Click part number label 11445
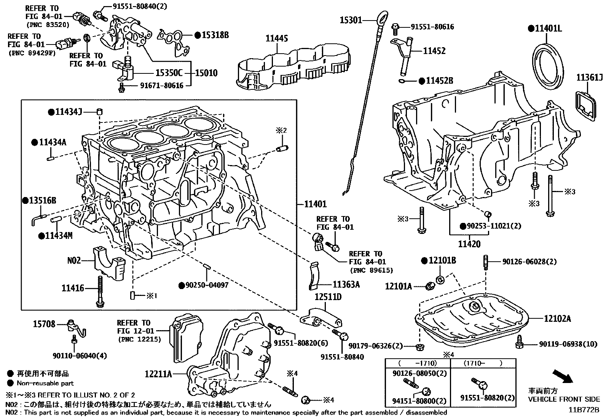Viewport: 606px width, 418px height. (277, 38)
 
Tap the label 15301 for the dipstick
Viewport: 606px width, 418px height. (351, 20)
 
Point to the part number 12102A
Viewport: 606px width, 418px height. (557, 318)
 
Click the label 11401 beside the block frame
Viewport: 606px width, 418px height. (316, 204)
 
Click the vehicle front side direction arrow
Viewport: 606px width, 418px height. (562, 377)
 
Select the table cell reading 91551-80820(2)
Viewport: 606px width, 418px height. (487, 398)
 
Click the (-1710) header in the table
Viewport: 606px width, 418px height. (418, 363)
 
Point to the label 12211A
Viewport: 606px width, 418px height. (158, 374)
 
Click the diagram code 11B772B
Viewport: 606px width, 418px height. (584, 410)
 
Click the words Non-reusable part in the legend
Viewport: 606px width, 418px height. (45, 383)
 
